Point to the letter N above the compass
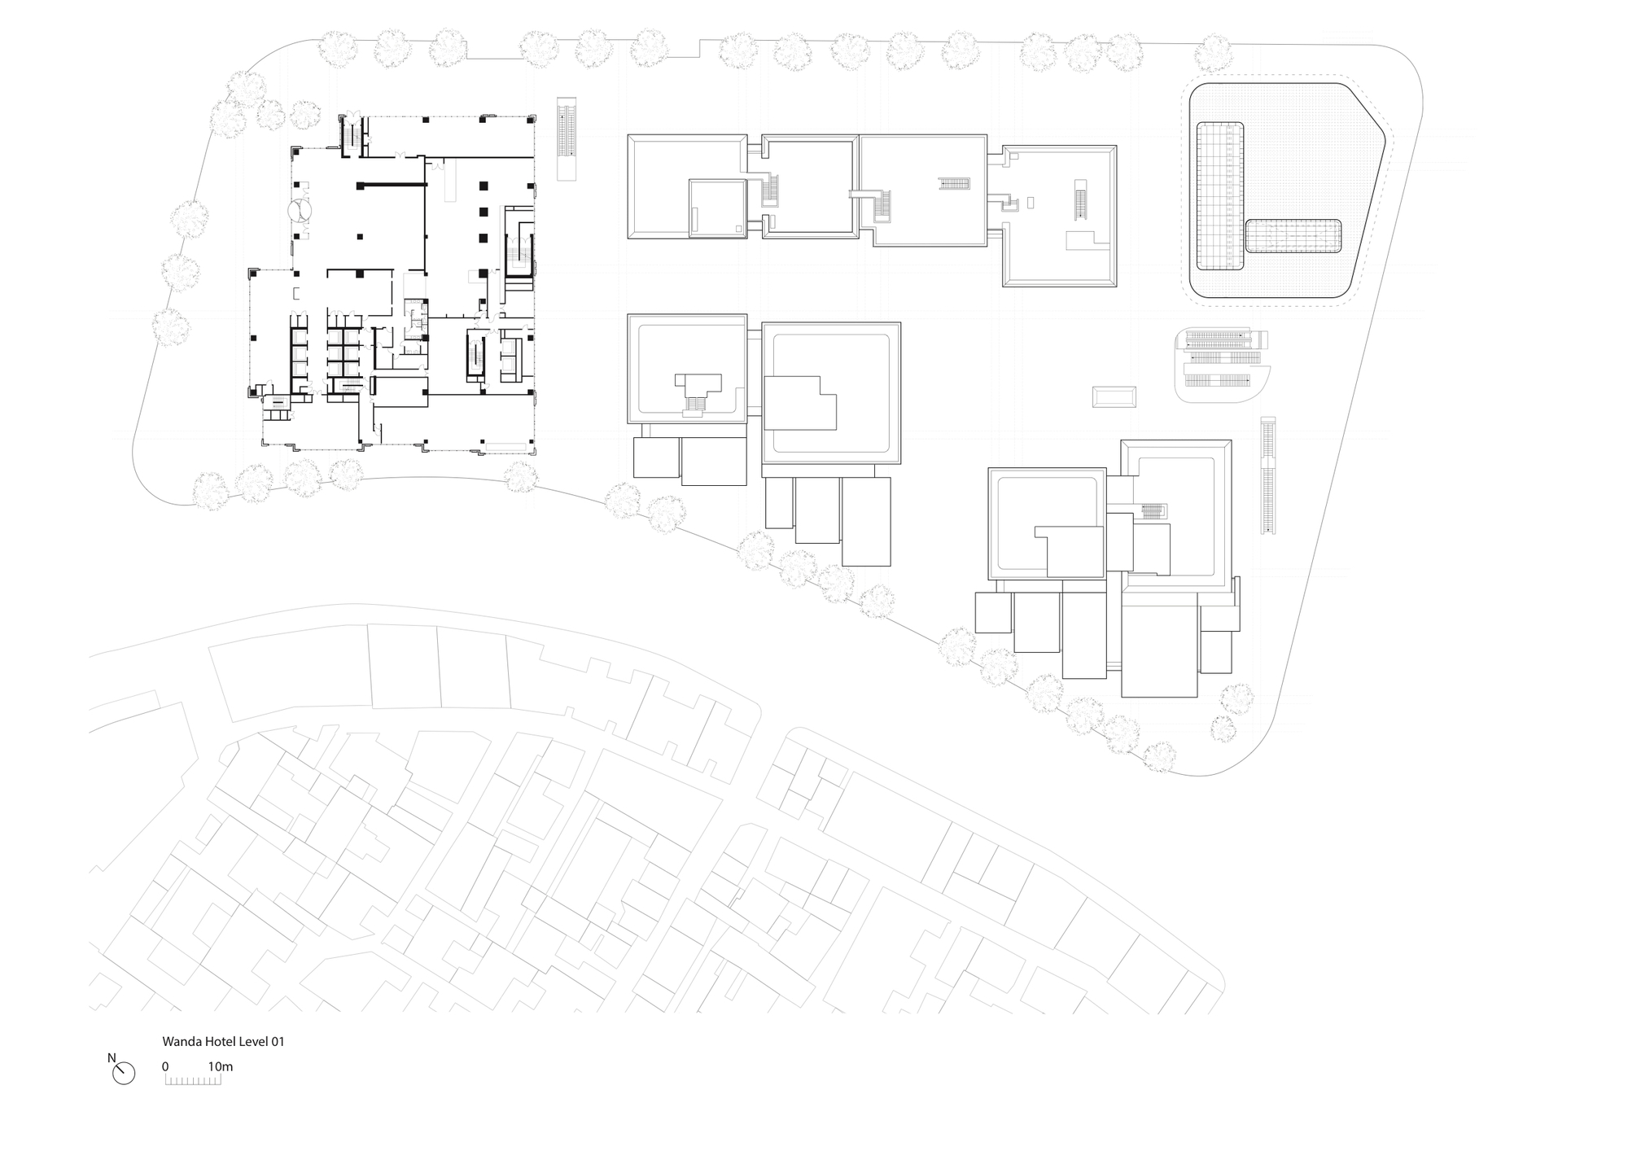(112, 1058)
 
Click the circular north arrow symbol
(124, 1074)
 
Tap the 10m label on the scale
(220, 1066)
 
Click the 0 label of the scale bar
(165, 1066)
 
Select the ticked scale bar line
(193, 1081)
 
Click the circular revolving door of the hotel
(300, 211)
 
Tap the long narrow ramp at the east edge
(1267, 476)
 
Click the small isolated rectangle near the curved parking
(1114, 397)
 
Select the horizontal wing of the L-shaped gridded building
(1293, 236)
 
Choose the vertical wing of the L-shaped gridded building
(1220, 195)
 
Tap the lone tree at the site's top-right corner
(1214, 53)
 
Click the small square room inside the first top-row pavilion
(716, 208)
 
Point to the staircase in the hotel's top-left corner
(352, 133)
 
